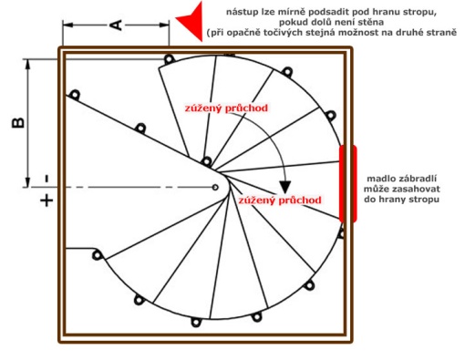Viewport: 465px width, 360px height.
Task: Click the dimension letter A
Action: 116,26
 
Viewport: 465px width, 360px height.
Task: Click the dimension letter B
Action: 18,123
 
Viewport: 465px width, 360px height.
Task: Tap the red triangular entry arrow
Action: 191,21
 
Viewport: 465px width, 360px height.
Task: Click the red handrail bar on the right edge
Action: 347,184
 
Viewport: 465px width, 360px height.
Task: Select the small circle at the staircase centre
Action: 215,187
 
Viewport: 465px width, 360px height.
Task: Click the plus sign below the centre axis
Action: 46,201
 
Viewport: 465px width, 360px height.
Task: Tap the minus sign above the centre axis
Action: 46,179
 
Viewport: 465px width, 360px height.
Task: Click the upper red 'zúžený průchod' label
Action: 226,108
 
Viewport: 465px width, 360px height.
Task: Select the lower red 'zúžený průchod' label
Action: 280,201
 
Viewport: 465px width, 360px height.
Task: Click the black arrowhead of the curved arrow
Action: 285,186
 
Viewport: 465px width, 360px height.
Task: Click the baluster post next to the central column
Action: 207,161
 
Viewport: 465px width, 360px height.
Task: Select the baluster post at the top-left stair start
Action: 169,58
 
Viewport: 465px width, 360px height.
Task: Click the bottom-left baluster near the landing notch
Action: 97,255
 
